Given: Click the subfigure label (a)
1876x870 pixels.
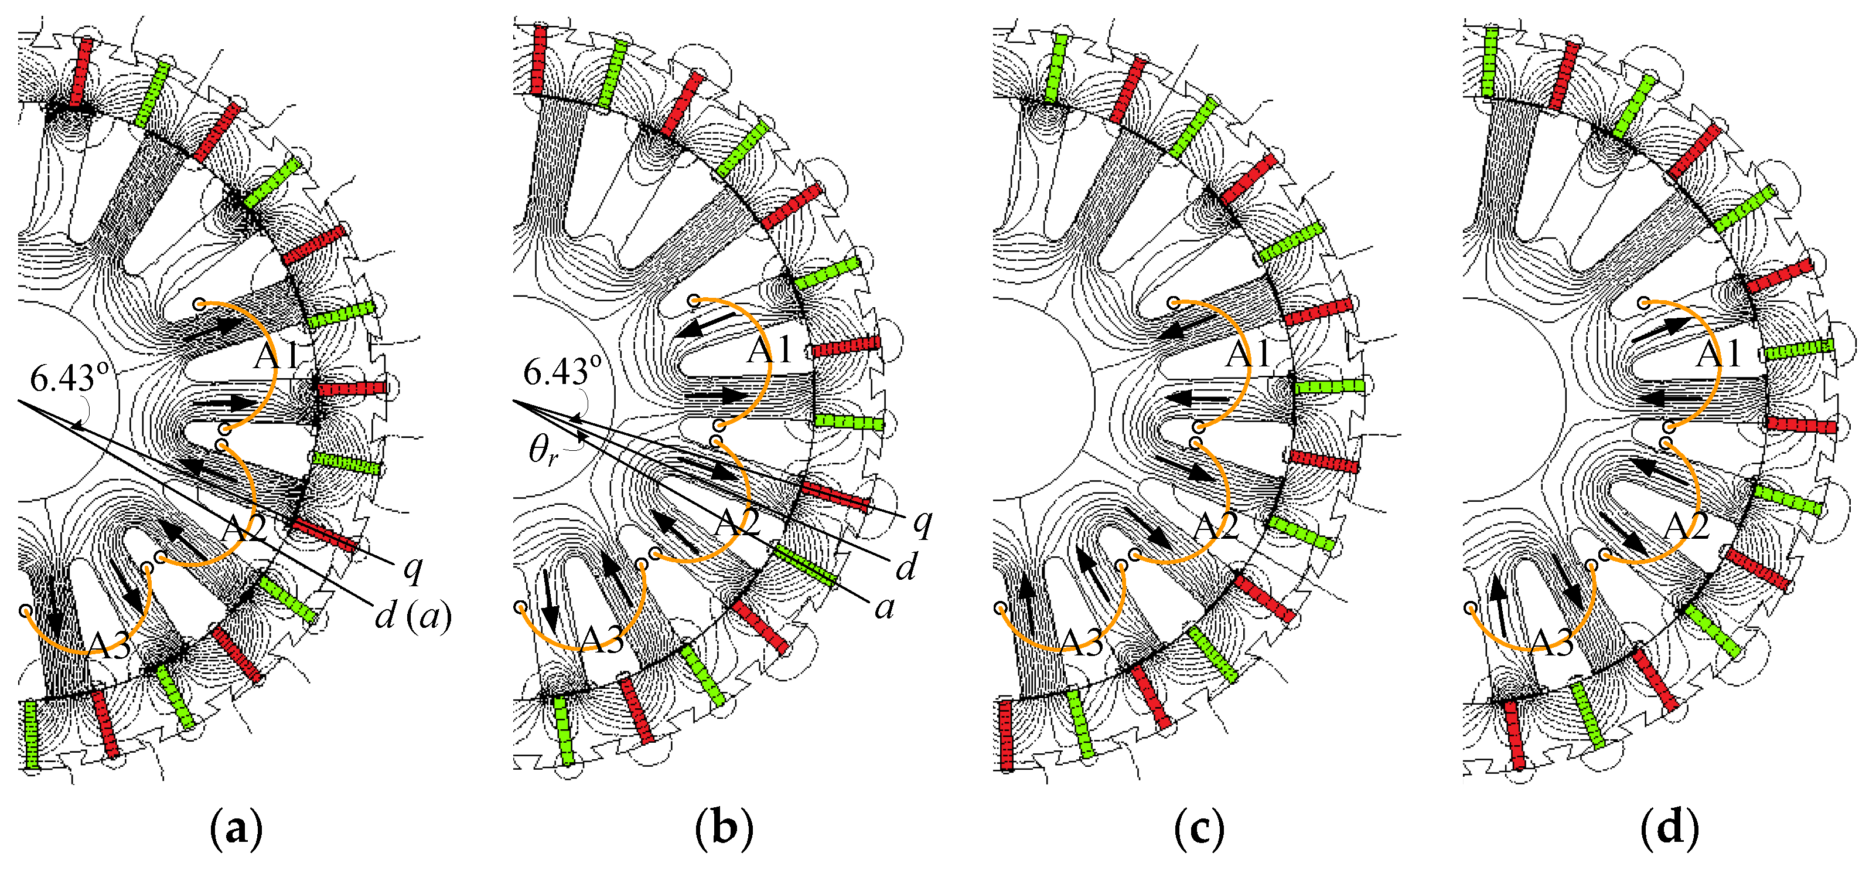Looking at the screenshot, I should (x=235, y=828).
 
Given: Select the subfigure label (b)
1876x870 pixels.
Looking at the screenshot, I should (x=724, y=828).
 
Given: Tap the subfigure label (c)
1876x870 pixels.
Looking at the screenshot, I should (x=1199, y=828).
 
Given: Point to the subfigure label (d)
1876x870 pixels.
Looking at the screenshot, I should (x=1670, y=828).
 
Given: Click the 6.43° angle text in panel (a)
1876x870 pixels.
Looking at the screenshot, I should (x=70, y=378).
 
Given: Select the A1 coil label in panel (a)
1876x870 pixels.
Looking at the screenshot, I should (x=276, y=356).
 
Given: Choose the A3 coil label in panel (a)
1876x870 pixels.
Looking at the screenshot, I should (x=109, y=645).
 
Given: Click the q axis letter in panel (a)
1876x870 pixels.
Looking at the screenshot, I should (x=413, y=567).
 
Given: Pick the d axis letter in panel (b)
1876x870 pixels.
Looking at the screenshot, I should (x=905, y=567).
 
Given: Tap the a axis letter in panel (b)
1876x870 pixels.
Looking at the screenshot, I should (x=884, y=607).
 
